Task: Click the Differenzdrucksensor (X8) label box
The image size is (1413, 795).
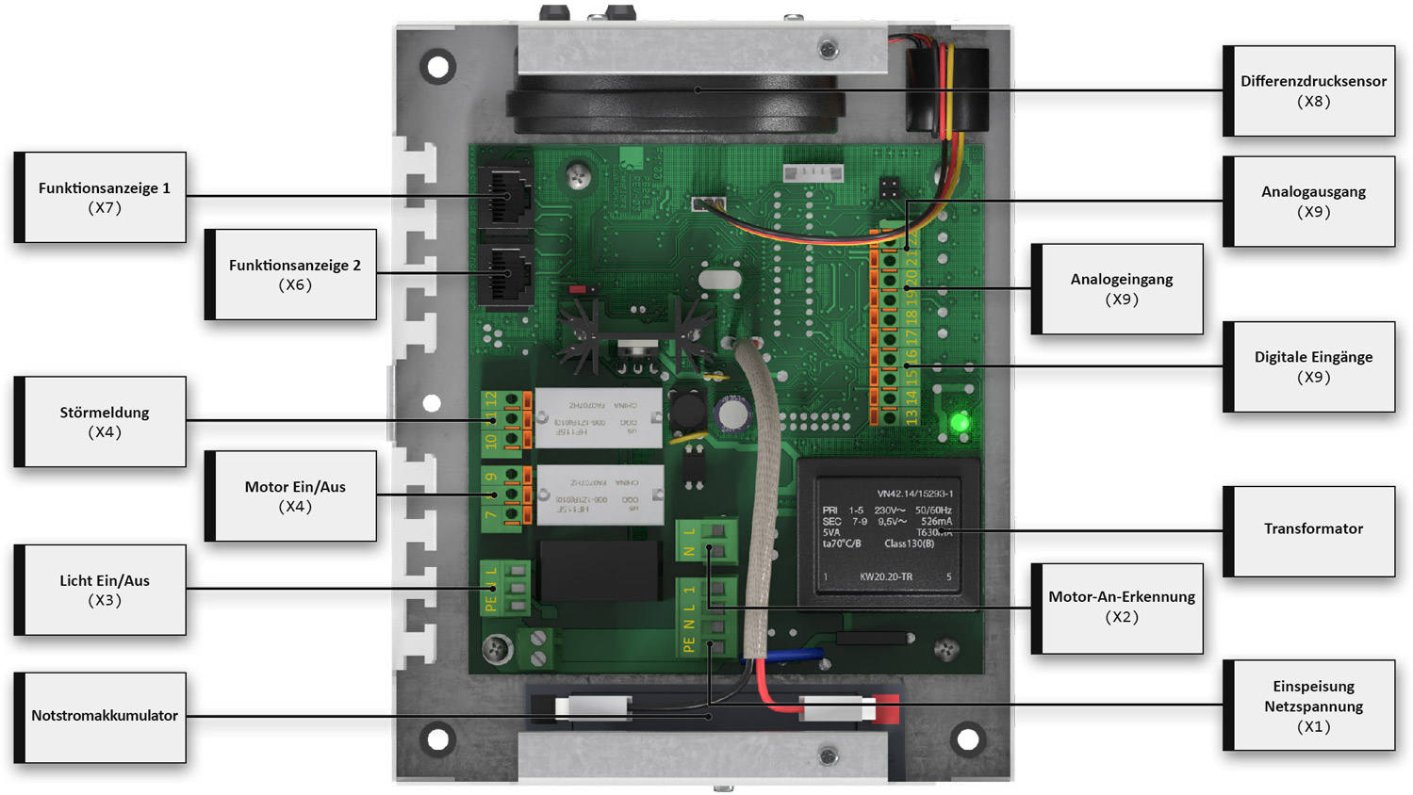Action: (x=1312, y=90)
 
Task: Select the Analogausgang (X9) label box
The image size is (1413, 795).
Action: (x=1312, y=202)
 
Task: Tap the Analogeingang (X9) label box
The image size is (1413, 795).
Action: (x=1121, y=289)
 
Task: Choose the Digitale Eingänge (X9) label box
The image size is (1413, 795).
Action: (x=1312, y=366)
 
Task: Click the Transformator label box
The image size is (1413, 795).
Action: (x=1312, y=530)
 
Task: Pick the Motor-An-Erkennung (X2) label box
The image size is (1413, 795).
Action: (x=1121, y=608)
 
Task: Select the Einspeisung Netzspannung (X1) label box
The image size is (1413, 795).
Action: (x=1312, y=706)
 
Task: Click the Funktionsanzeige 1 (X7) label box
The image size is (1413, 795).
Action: (x=104, y=197)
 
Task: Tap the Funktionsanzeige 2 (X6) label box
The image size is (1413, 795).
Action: (x=294, y=274)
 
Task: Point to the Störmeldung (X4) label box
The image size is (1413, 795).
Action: (x=104, y=422)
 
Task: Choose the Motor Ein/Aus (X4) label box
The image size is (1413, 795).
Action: (x=294, y=496)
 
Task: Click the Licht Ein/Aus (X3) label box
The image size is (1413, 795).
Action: (x=104, y=590)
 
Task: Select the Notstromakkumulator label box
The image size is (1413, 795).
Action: (x=104, y=717)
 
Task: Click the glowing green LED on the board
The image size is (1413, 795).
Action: (x=960, y=422)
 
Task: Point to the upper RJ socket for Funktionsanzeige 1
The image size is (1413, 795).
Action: (x=505, y=195)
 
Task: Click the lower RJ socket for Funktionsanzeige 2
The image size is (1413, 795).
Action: (x=505, y=274)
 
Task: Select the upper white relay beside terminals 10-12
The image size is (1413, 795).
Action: (x=598, y=416)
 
